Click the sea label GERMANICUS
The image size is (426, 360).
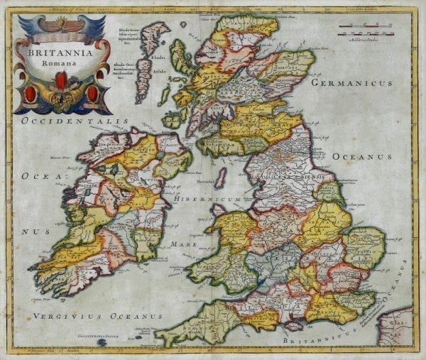(x=361, y=83)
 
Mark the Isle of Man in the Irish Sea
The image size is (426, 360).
(x=221, y=177)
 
